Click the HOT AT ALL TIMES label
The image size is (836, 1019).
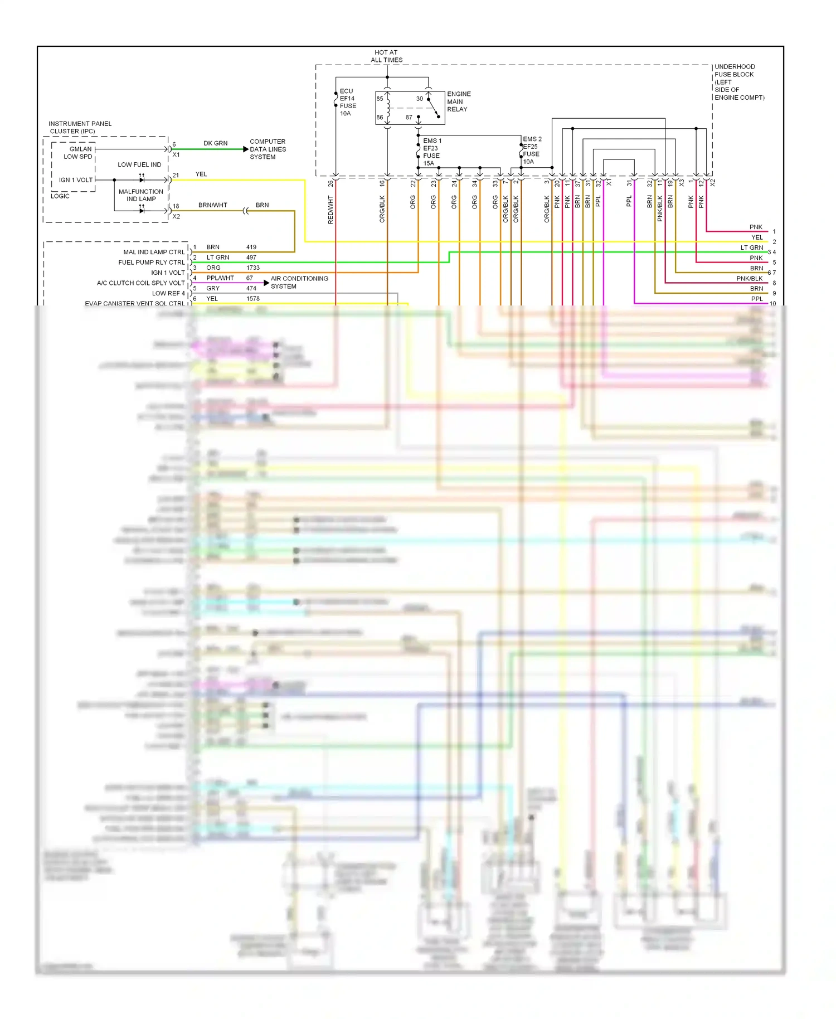386,56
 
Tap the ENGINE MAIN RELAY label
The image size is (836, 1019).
458,101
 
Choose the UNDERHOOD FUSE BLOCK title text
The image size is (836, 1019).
738,81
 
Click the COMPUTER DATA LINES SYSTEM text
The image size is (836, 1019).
268,149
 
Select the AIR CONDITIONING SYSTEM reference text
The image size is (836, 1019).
299,282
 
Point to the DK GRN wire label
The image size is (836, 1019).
215,143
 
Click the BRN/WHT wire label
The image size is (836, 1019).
212,205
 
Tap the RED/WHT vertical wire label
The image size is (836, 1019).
330,210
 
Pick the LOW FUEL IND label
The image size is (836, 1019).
139,165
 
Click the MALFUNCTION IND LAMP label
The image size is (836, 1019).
140,195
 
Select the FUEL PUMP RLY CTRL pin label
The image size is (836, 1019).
151,263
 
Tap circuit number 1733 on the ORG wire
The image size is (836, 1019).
253,268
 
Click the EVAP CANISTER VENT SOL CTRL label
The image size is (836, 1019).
134,303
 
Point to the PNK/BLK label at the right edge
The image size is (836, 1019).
749,278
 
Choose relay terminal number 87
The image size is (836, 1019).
409,118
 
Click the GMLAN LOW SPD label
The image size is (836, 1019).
79,153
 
